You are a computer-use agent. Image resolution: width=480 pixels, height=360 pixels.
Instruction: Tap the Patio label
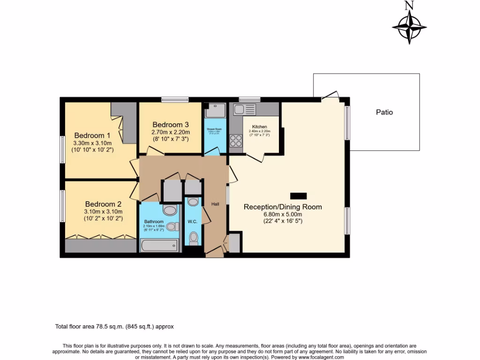[x=384, y=112]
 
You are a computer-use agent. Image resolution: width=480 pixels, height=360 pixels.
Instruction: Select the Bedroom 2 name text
[x=103, y=204]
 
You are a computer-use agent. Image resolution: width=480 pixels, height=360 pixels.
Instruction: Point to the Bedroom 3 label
[x=171, y=125]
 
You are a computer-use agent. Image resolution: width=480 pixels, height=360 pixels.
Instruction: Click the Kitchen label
[x=260, y=127]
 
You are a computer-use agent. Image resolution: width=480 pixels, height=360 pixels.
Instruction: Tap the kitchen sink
[x=245, y=110]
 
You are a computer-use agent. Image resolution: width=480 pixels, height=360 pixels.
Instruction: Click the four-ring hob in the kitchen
[x=236, y=141]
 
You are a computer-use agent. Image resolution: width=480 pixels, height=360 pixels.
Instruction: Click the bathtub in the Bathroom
[x=159, y=245]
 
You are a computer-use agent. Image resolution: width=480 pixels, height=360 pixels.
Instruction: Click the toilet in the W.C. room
[x=193, y=238]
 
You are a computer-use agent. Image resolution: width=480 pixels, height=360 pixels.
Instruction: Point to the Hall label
[x=215, y=204]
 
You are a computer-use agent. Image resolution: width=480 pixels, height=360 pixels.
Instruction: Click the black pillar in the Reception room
[x=298, y=196]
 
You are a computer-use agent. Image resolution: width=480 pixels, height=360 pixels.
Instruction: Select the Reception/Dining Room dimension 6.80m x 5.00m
[x=283, y=214]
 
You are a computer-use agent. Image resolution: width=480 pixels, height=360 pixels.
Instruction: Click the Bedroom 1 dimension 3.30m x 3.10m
[x=92, y=143]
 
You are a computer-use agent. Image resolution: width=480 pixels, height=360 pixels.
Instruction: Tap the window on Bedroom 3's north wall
[x=175, y=99]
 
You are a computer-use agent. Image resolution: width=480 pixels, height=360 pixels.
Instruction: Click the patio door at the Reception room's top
[x=330, y=96]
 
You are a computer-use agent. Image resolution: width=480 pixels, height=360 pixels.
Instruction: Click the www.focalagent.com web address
[x=318, y=357]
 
